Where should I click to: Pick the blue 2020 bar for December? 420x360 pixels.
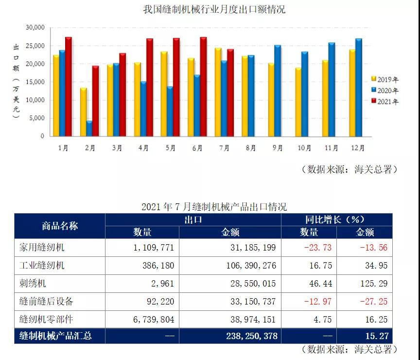coord(359,88)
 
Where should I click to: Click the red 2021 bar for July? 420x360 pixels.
coord(230,92)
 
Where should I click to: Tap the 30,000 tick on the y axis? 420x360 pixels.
coord(35,28)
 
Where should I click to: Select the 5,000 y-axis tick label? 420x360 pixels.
coord(37,118)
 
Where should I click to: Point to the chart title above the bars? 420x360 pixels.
coord(214,9)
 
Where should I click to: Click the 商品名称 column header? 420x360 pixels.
coord(60,226)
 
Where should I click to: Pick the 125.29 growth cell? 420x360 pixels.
coord(373,284)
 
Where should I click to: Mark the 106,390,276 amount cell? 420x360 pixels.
coord(247,266)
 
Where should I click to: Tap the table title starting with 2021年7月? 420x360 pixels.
coord(214,207)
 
